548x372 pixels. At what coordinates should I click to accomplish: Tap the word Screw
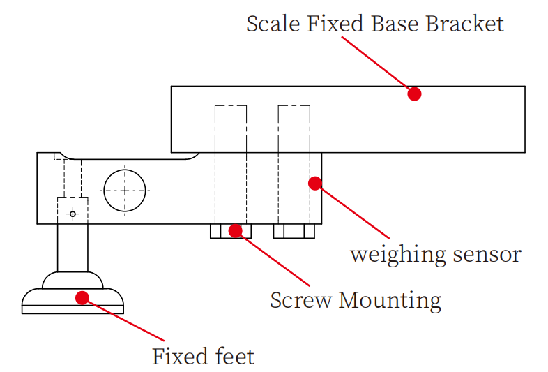pos(300,301)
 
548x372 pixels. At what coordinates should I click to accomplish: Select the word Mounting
pos(390,302)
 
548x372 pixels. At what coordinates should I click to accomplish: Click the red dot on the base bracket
pos(414,94)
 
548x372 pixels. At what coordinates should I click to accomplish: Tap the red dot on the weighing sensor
pos(315,184)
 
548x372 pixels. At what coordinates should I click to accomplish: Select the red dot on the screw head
pos(236,230)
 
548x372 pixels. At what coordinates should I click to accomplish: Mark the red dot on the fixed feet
pos(82,298)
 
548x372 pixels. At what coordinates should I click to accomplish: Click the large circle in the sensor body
pos(125,190)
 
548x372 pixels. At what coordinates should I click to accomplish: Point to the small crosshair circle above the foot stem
pos(73,214)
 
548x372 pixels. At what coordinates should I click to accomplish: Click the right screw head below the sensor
pos(294,231)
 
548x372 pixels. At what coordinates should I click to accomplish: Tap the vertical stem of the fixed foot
pos(73,248)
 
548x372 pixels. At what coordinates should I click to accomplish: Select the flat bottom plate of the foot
pos(73,310)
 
